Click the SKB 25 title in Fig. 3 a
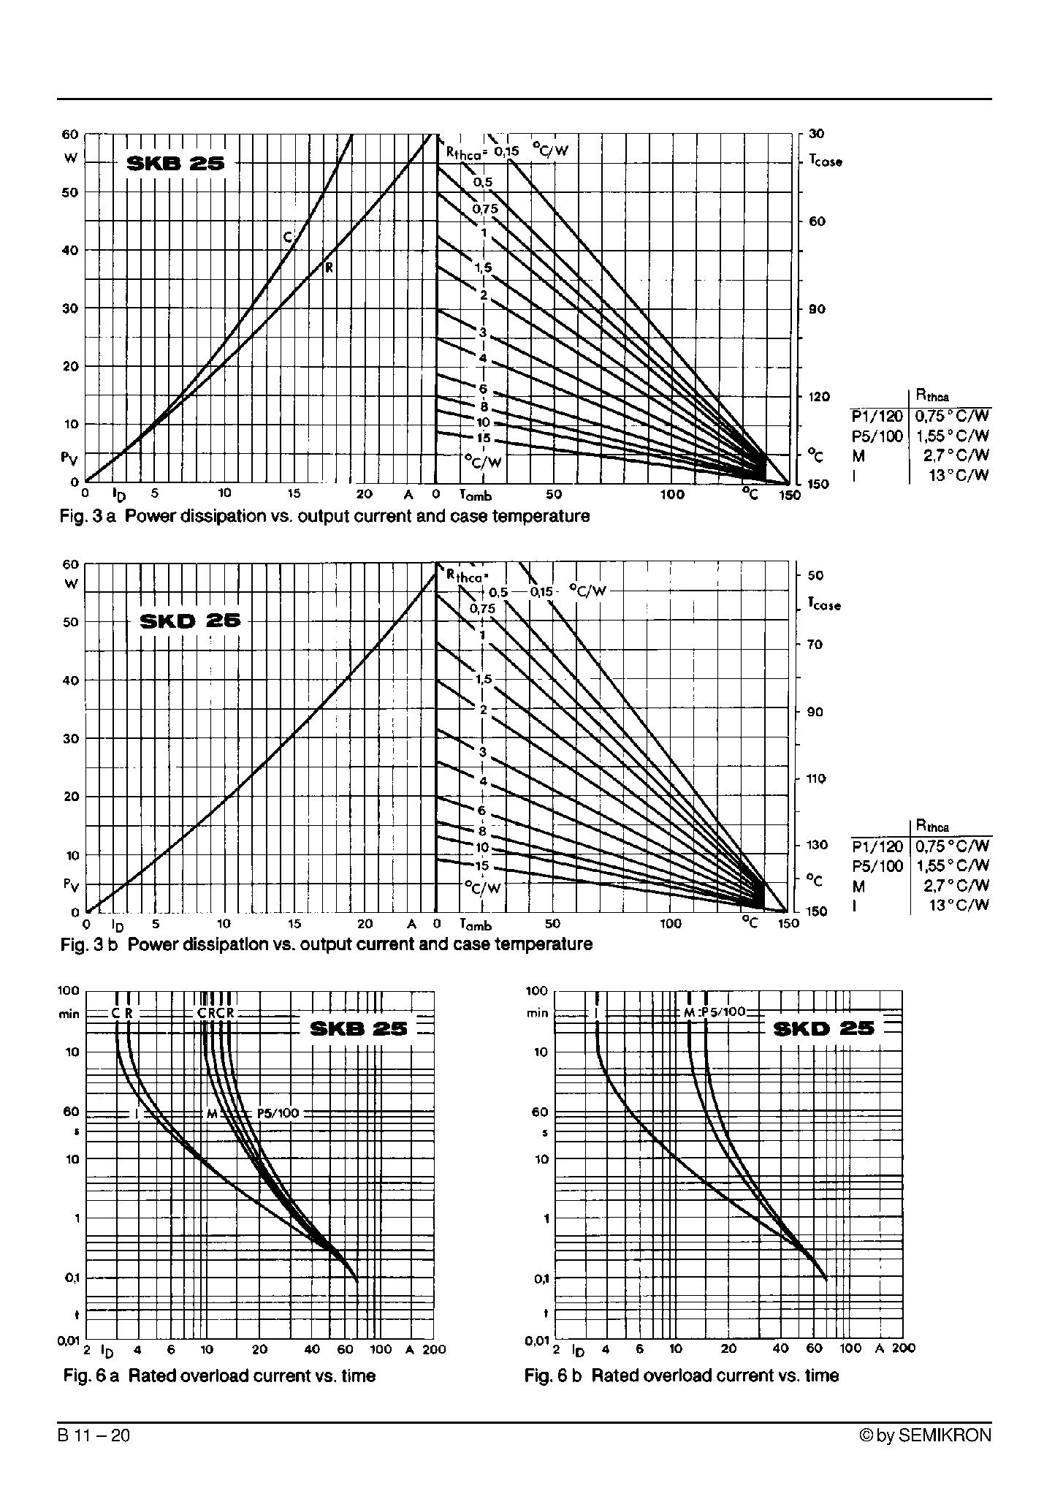175,164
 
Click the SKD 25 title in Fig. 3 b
189,622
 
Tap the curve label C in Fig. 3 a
287,237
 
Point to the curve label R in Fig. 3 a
329,268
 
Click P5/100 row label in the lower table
877,866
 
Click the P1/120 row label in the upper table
877,417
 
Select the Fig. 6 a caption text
219,1376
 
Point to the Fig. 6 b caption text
681,1376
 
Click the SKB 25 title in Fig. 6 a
358,1029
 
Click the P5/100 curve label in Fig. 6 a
278,1113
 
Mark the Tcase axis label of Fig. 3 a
825,161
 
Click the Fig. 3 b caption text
326,944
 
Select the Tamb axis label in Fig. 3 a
475,496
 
